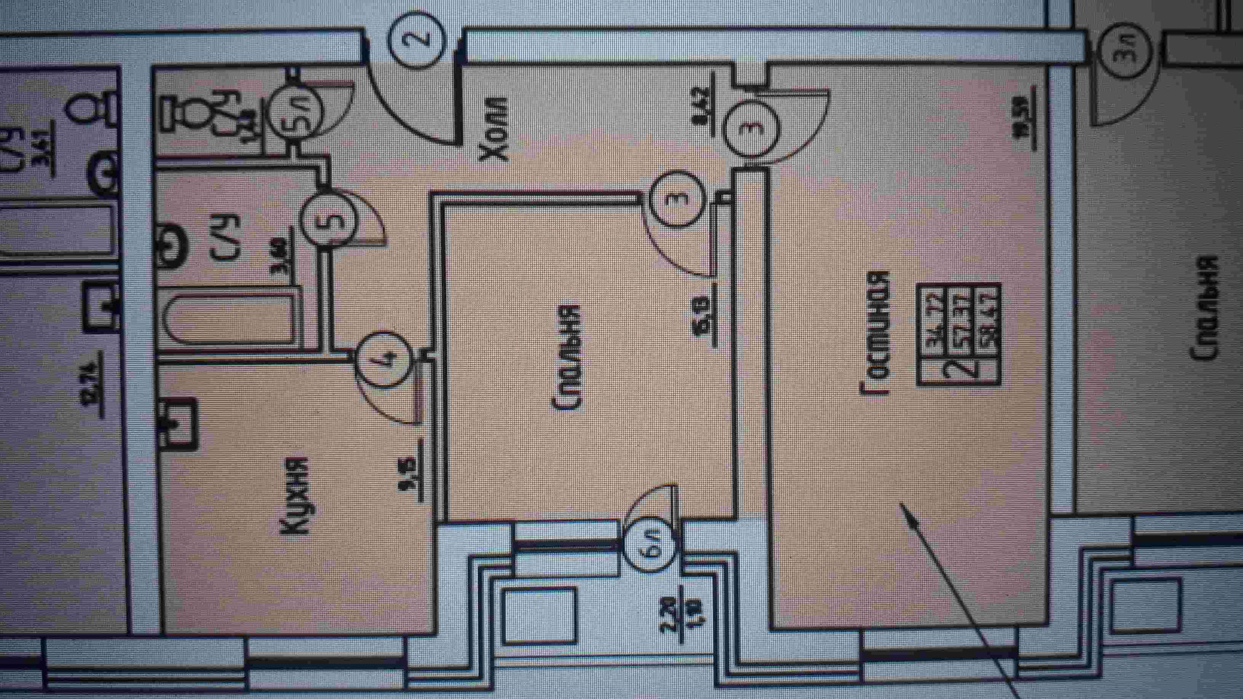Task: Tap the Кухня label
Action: coord(295,496)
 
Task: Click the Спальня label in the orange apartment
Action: coord(568,357)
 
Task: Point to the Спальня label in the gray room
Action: coord(1205,307)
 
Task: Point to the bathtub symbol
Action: coord(230,318)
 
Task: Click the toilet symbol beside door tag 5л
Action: coord(194,113)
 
